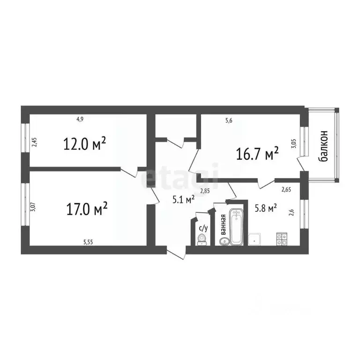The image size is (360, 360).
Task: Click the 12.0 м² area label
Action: (x=84, y=143)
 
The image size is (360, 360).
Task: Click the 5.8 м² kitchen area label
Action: (x=264, y=207)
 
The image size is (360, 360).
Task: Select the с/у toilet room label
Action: (x=203, y=228)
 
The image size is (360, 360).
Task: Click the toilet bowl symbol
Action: (x=202, y=240)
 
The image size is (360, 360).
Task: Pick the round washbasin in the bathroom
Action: (x=224, y=241)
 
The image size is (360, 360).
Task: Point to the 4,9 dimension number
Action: (x=80, y=119)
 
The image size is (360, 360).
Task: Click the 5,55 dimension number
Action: (x=88, y=242)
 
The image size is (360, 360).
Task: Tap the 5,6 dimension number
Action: (x=229, y=120)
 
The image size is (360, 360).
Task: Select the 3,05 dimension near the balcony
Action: (x=294, y=143)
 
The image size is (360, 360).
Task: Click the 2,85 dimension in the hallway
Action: (x=204, y=190)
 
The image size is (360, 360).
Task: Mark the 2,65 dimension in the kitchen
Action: (x=286, y=189)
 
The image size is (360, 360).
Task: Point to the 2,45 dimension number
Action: (x=33, y=142)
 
